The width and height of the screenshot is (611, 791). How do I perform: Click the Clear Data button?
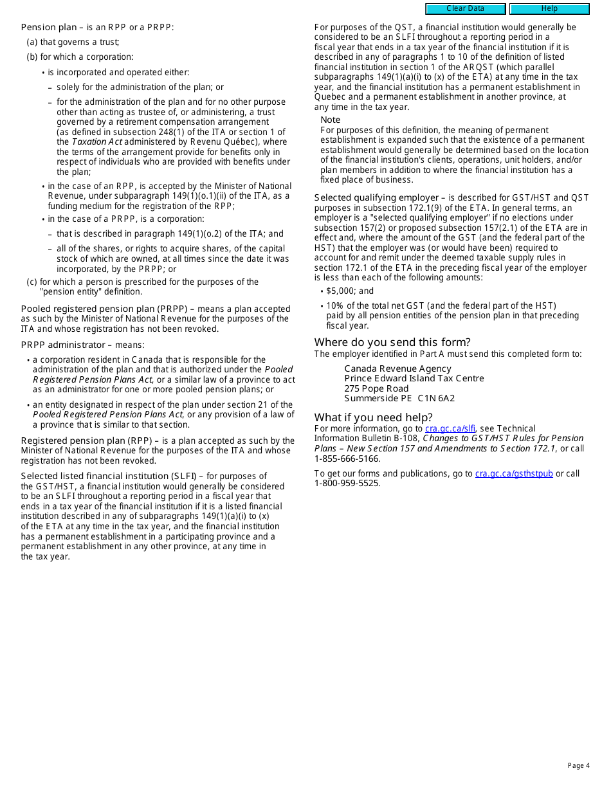[x=465, y=9]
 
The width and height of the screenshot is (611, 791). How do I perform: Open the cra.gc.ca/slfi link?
[x=450, y=429]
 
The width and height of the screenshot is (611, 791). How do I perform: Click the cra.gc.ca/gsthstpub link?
[x=514, y=474]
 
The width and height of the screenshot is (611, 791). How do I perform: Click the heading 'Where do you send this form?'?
[x=392, y=342]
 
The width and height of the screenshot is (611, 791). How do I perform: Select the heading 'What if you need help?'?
[x=373, y=417]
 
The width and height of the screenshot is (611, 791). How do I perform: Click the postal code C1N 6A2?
[x=436, y=399]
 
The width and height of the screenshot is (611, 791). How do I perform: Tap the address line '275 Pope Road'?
[x=376, y=388]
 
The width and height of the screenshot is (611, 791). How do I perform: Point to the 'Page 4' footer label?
[x=578, y=766]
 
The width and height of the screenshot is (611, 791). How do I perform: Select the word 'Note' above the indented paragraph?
[x=331, y=120]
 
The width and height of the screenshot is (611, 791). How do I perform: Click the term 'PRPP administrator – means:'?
[x=82, y=345]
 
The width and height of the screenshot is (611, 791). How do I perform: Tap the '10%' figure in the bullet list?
[x=334, y=306]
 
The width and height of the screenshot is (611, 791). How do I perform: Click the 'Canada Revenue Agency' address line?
[x=397, y=368]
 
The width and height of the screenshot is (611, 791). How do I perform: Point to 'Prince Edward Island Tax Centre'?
[x=414, y=379]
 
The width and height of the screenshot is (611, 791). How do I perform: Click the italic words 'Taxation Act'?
[x=96, y=142]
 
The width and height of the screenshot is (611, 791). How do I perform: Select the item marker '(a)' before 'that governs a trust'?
[x=32, y=42]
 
